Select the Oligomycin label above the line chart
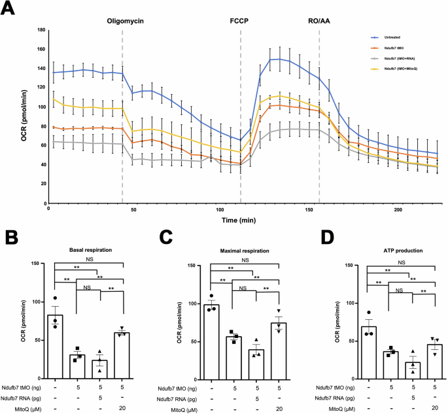click(126, 21)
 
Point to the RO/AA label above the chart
click(319, 21)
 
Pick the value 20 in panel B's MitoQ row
click(121, 409)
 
